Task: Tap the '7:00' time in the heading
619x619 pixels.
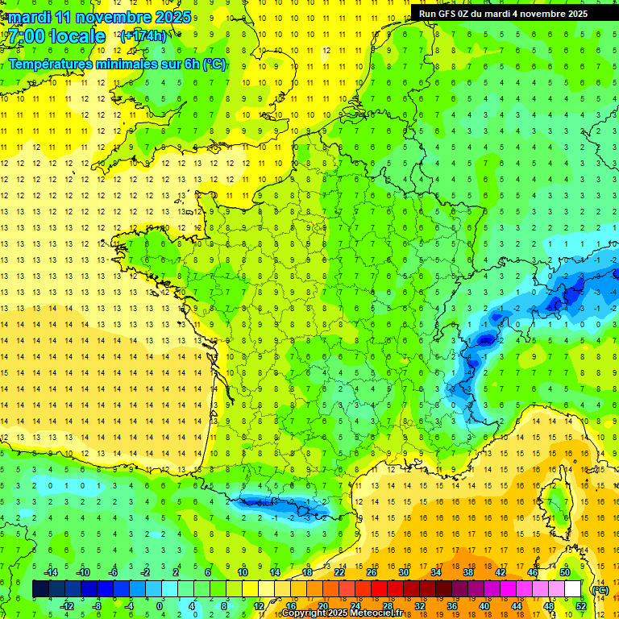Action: pyautogui.click(x=27, y=36)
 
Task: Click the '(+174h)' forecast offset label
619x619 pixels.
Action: pyautogui.click(x=143, y=35)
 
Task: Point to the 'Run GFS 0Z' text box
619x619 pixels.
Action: pyautogui.click(x=503, y=14)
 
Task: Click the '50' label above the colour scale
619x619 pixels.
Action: pyautogui.click(x=565, y=572)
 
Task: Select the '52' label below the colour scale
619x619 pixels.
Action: pyautogui.click(x=581, y=606)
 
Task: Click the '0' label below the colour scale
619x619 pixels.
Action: pyautogui.click(x=160, y=606)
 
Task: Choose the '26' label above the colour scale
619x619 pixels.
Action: pyautogui.click(x=372, y=572)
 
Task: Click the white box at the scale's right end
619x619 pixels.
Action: pyautogui.click(x=572, y=589)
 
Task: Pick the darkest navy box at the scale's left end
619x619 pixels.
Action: pyautogui.click(x=40, y=589)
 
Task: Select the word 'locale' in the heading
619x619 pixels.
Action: pyautogui.click(x=79, y=36)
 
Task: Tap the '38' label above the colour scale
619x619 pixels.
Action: pyautogui.click(x=468, y=572)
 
